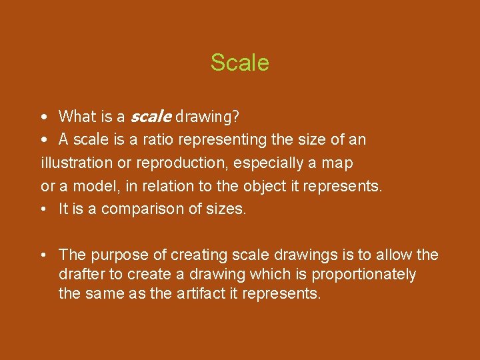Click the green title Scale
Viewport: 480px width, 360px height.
[x=239, y=63]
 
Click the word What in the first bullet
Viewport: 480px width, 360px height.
[x=77, y=117]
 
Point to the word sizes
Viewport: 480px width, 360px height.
[x=229, y=209]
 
